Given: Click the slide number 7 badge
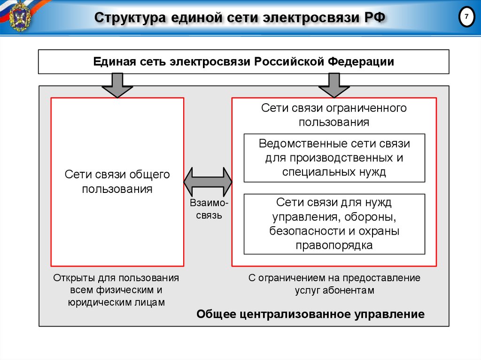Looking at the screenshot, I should click(466, 17).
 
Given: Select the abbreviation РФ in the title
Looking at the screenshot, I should click(375, 18).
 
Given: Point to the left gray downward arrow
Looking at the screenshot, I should click(117, 84).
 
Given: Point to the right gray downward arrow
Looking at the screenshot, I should click(334, 84).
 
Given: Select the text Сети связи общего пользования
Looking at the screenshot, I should click(117, 182).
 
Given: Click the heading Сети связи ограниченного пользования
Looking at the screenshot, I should click(334, 115).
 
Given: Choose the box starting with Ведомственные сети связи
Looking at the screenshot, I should click(334, 158).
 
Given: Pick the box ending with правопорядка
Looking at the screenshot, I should click(334, 224).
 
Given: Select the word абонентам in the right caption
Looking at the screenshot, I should click(348, 290).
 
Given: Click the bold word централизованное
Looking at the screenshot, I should click(286, 314).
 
